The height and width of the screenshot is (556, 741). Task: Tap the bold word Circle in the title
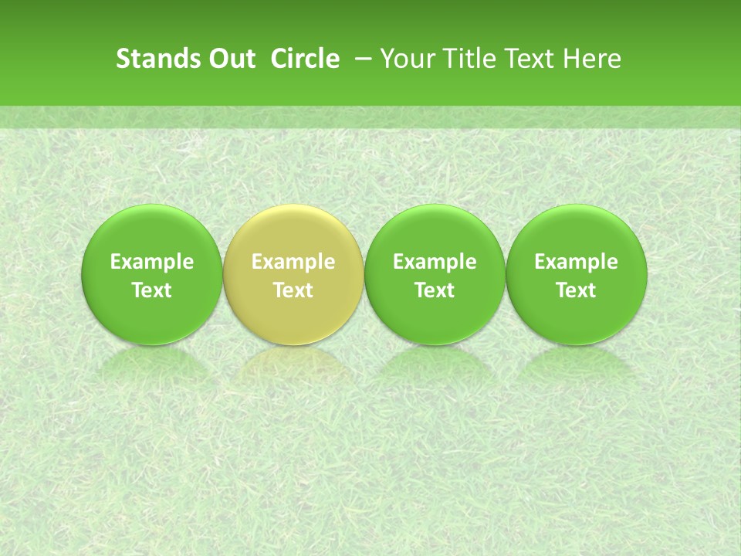point(305,59)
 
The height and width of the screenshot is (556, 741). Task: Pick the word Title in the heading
point(465,59)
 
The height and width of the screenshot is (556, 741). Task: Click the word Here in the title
point(593,59)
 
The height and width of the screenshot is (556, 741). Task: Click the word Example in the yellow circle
point(293,262)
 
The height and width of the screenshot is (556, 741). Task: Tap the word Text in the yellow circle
point(293,290)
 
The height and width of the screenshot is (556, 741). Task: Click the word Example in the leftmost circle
point(152,262)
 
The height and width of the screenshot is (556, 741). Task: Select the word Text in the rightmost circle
point(576,290)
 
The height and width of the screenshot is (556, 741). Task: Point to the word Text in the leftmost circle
point(152,290)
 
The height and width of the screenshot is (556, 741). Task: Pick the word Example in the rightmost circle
point(576,262)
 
